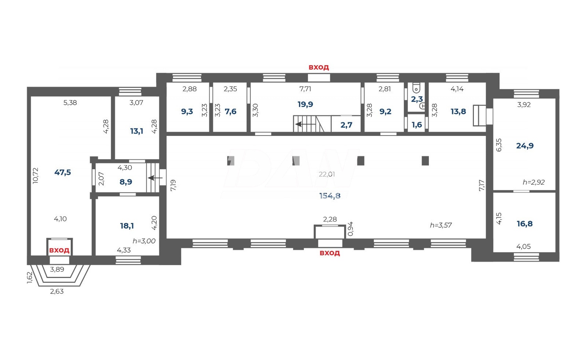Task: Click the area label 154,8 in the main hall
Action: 330,196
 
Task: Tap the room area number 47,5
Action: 63,172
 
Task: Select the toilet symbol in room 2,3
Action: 416,88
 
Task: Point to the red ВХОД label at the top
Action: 319,67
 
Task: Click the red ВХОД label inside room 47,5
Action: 59,250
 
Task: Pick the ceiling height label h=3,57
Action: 441,225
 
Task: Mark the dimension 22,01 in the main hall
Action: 327,174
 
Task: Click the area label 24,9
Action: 525,146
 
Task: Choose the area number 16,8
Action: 525,224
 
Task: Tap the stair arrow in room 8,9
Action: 155,178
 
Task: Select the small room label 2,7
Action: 346,125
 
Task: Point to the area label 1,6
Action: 417,125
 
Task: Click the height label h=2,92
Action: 534,182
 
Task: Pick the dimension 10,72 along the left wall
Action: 36,176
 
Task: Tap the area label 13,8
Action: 458,111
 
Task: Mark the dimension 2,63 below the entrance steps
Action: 57,291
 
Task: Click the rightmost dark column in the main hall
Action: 425,160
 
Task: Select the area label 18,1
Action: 127,226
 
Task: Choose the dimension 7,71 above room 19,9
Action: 305,89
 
